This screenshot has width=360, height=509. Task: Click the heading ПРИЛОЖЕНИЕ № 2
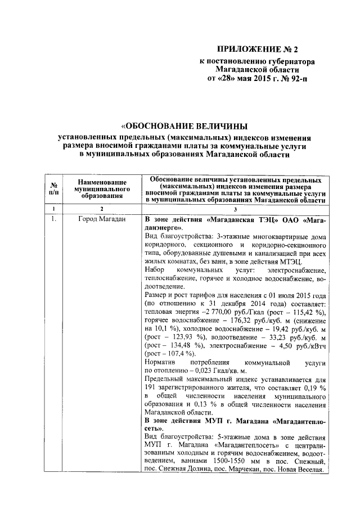point(265,49)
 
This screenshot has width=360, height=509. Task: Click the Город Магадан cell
point(102,219)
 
